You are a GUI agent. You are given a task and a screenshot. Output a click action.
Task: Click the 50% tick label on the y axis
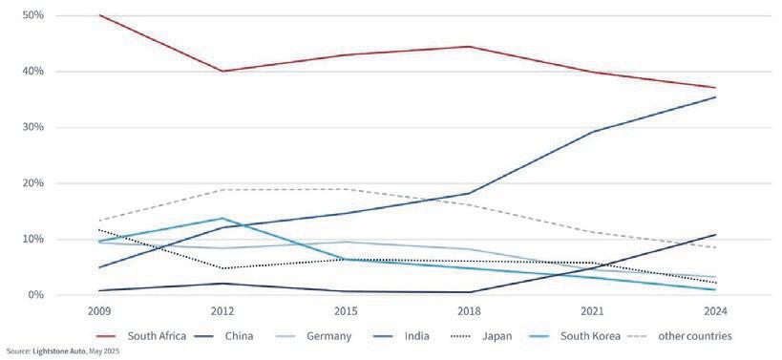click(21, 15)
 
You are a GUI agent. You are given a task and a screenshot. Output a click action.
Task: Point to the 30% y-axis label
click(21, 127)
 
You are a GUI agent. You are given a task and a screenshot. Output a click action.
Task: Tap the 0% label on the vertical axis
click(24, 295)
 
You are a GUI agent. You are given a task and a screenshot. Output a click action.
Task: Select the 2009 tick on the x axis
click(99, 310)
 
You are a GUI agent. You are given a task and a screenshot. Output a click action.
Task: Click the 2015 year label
click(346, 310)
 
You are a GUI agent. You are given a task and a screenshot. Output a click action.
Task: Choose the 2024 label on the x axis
click(715, 310)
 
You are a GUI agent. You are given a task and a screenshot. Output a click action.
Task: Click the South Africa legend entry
click(157, 336)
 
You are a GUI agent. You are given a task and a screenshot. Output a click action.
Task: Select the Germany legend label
click(329, 336)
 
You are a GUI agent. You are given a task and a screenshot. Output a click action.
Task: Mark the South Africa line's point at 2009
click(99, 15)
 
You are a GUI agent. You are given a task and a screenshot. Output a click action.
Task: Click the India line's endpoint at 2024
click(715, 96)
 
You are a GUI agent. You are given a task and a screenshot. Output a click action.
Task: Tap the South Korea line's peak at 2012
click(222, 219)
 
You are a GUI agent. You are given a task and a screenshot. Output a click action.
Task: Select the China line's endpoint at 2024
click(715, 234)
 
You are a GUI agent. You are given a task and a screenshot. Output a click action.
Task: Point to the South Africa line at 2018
click(469, 47)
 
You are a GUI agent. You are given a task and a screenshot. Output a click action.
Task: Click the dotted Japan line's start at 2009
click(99, 230)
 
